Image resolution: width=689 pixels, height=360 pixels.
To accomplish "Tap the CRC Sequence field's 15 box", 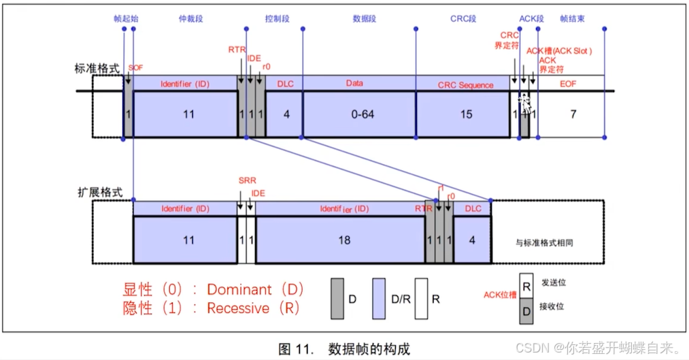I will (466, 114).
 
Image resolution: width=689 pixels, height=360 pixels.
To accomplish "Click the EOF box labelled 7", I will (573, 114).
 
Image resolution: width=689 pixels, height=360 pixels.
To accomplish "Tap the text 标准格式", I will (97, 68).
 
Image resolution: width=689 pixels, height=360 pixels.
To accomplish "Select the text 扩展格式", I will (100, 192).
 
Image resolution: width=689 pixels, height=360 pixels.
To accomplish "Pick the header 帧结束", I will (573, 20).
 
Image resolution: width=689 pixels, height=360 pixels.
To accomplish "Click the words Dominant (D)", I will (254, 289).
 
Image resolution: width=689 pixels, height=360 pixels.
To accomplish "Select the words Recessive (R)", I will (254, 308).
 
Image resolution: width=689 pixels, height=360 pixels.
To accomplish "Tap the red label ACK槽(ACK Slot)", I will (559, 51).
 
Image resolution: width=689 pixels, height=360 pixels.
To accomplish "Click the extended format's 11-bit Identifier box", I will (188, 240).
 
